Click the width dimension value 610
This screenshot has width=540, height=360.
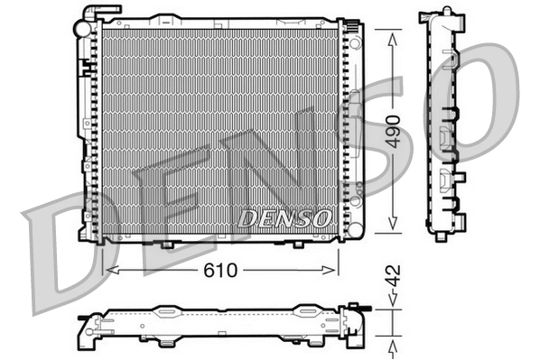pyautogui.click(x=220, y=269)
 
